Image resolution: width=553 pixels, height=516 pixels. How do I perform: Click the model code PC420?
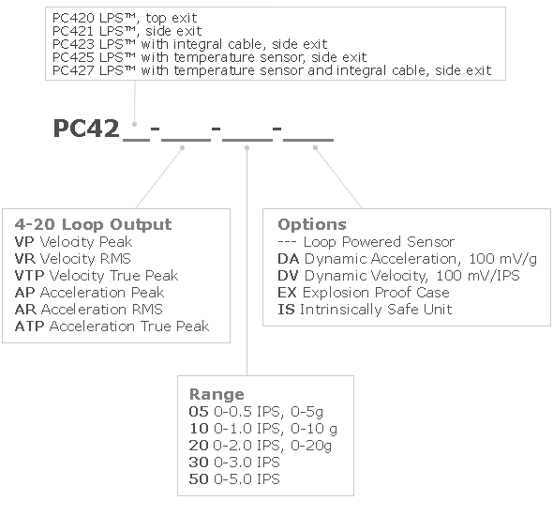click(x=73, y=18)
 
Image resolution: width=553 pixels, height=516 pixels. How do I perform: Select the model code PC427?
click(x=73, y=70)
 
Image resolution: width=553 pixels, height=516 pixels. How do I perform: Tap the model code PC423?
click(x=73, y=44)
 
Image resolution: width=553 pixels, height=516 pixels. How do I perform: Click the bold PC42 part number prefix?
click(x=86, y=129)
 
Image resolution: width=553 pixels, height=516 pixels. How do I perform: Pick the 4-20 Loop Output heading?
click(x=93, y=224)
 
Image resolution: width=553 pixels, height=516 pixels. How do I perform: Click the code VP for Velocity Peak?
click(x=24, y=242)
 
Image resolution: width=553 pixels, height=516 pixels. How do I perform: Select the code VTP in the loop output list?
click(x=30, y=276)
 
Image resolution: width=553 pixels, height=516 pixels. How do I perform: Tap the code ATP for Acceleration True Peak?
click(x=30, y=326)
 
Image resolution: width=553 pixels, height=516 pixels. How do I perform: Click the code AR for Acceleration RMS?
click(x=25, y=310)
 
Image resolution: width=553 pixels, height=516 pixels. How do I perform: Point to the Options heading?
click(x=312, y=224)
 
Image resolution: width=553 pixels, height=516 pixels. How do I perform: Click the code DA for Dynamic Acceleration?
click(x=289, y=259)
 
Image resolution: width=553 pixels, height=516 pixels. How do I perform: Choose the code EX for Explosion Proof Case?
click(x=287, y=293)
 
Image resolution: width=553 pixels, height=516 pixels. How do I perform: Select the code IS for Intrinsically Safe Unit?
click(x=286, y=310)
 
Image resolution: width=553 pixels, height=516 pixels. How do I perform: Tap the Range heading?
click(x=217, y=394)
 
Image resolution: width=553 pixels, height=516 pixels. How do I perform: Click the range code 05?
click(x=199, y=412)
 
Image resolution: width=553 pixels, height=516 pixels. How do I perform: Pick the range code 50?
click(x=199, y=478)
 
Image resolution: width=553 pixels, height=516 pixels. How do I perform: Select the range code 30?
click(x=199, y=462)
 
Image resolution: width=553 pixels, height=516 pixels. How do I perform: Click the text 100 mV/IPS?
click(x=478, y=276)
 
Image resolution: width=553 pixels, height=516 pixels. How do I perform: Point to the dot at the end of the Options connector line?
click(x=315, y=147)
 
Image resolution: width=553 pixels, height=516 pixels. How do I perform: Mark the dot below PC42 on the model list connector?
click(x=134, y=124)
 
